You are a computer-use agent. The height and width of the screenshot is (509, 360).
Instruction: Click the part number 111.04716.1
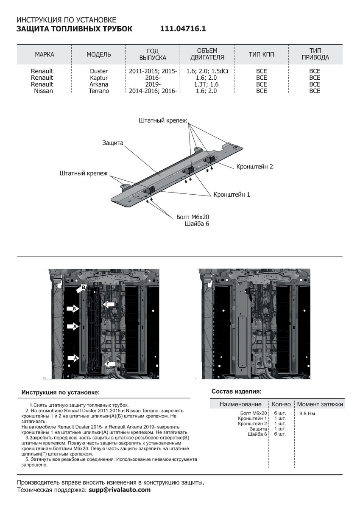[183, 29]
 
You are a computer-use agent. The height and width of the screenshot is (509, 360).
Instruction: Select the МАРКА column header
[45, 55]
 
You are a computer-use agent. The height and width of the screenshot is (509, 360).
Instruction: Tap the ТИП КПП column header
[261, 55]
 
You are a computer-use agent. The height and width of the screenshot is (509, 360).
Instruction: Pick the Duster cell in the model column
[99, 71]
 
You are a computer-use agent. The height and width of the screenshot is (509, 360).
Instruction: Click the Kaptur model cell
[99, 78]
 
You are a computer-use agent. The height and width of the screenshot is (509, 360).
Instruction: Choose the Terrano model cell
[99, 91]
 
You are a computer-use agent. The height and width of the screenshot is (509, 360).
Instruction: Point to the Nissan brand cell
[43, 91]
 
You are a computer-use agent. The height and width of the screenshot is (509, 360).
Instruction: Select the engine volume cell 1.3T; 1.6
[207, 84]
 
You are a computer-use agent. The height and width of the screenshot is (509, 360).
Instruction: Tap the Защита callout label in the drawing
[113, 143]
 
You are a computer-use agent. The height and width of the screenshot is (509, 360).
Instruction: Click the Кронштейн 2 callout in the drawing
[254, 167]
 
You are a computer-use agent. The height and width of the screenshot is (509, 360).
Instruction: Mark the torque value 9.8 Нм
[307, 413]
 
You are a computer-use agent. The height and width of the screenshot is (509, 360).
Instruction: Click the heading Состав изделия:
[236, 391]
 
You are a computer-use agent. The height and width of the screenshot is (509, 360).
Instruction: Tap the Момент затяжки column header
[320, 404]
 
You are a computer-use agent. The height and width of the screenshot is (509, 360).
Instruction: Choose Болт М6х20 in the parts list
[253, 413]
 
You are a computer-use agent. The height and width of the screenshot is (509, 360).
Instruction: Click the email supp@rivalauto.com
[119, 489]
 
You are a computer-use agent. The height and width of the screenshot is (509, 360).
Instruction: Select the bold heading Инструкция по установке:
[61, 393]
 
